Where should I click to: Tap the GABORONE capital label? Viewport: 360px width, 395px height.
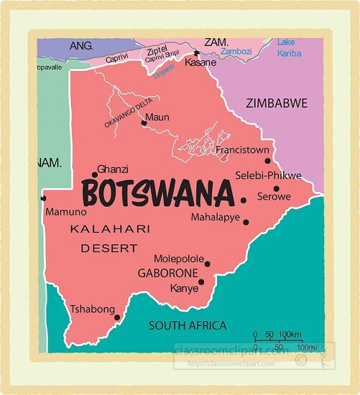coord(167,274)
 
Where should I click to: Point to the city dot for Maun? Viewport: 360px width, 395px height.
coord(144,123)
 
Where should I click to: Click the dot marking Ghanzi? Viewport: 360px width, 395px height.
coord(95,175)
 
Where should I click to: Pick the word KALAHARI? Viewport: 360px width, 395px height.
coord(110,229)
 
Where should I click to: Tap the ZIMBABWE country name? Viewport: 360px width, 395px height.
coord(276,103)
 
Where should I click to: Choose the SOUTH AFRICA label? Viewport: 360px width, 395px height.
coord(187,325)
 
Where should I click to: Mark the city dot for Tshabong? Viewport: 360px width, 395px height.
coord(116,316)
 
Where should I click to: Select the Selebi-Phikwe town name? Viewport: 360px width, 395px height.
coord(268,175)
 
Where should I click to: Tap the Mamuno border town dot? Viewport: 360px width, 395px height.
coord(44,198)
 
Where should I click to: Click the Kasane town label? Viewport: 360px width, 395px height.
coord(200,63)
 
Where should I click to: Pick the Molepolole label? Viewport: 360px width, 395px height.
coord(179,260)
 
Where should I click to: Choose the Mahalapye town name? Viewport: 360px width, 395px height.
coord(216,217)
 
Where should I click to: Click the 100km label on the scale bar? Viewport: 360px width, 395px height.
coord(290,335)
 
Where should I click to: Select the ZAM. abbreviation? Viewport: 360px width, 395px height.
coord(215,42)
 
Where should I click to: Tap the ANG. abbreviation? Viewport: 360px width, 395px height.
coord(81,45)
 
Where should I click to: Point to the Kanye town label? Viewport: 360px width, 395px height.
coord(183,289)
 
